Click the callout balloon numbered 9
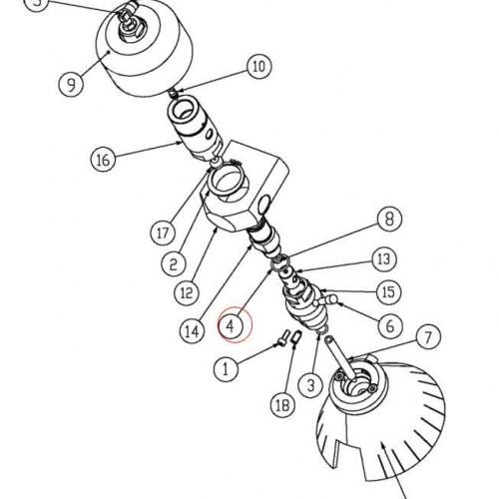tap(71, 84)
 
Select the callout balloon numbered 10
tap(259, 66)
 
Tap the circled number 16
tap(103, 159)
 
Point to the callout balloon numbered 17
tap(163, 233)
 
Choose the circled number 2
tap(174, 263)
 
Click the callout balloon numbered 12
tap(187, 292)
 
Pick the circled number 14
tap(193, 331)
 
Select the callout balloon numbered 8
tap(389, 220)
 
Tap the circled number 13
tap(384, 258)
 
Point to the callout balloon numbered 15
tap(389, 292)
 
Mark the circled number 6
tap(390, 325)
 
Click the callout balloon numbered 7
tap(428, 336)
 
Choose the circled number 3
tap(310, 385)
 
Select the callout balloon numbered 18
tap(282, 405)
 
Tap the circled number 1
tap(227, 368)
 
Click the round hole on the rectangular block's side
tap(264, 204)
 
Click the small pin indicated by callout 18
tap(296, 337)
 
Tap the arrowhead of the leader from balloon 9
tap(109, 51)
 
